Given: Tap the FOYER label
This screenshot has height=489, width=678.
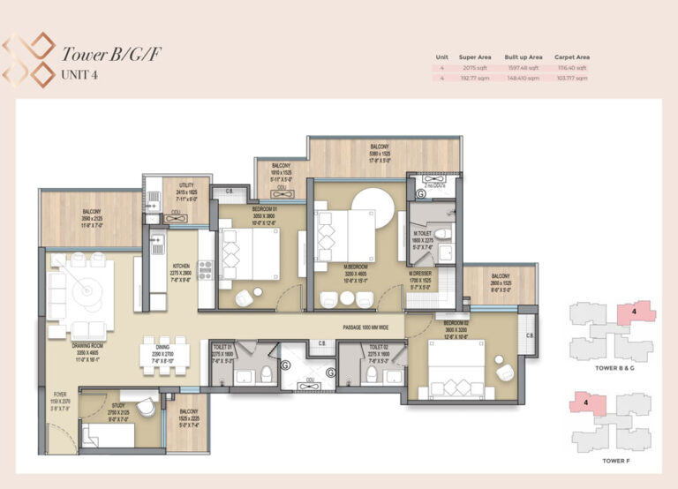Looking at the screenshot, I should pos(60,395).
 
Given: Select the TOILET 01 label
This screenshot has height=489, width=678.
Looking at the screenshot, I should pos(223,348).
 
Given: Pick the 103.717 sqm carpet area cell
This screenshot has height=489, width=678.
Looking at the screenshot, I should pos(572,77).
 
